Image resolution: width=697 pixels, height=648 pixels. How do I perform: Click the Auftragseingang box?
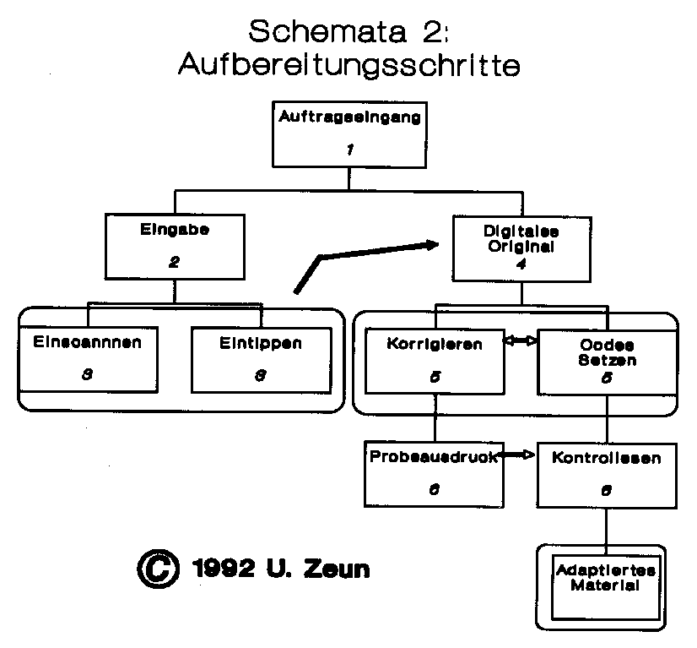pos(348,133)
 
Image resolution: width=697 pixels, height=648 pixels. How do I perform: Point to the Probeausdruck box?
pos(434,473)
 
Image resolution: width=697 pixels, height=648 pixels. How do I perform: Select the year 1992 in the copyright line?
pos(223,569)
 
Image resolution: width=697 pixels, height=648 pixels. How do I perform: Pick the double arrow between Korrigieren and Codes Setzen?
pos(520,341)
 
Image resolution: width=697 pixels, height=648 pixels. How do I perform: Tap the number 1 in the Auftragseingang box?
pos(348,150)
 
